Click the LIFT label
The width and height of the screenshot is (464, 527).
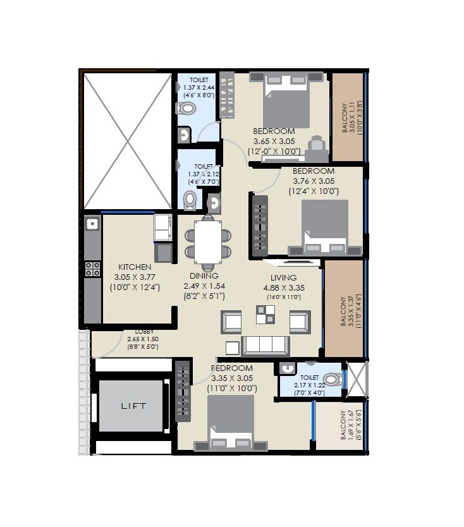click(133, 406)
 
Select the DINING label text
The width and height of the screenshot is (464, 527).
click(204, 276)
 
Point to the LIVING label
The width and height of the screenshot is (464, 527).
click(284, 277)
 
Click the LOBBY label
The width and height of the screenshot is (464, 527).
click(143, 332)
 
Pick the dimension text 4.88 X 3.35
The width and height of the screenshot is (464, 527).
click(284, 288)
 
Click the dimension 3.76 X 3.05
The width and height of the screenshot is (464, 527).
click(314, 181)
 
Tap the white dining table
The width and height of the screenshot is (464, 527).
click(208, 241)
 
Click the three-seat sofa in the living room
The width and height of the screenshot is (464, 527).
click(266, 346)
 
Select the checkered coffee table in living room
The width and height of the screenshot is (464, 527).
click(266, 314)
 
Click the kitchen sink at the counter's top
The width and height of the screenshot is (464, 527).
click(92, 224)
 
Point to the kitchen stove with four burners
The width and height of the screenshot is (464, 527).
click(92, 269)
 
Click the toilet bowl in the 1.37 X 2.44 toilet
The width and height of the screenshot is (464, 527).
click(187, 109)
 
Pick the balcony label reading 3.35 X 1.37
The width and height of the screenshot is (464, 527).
click(345, 310)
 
